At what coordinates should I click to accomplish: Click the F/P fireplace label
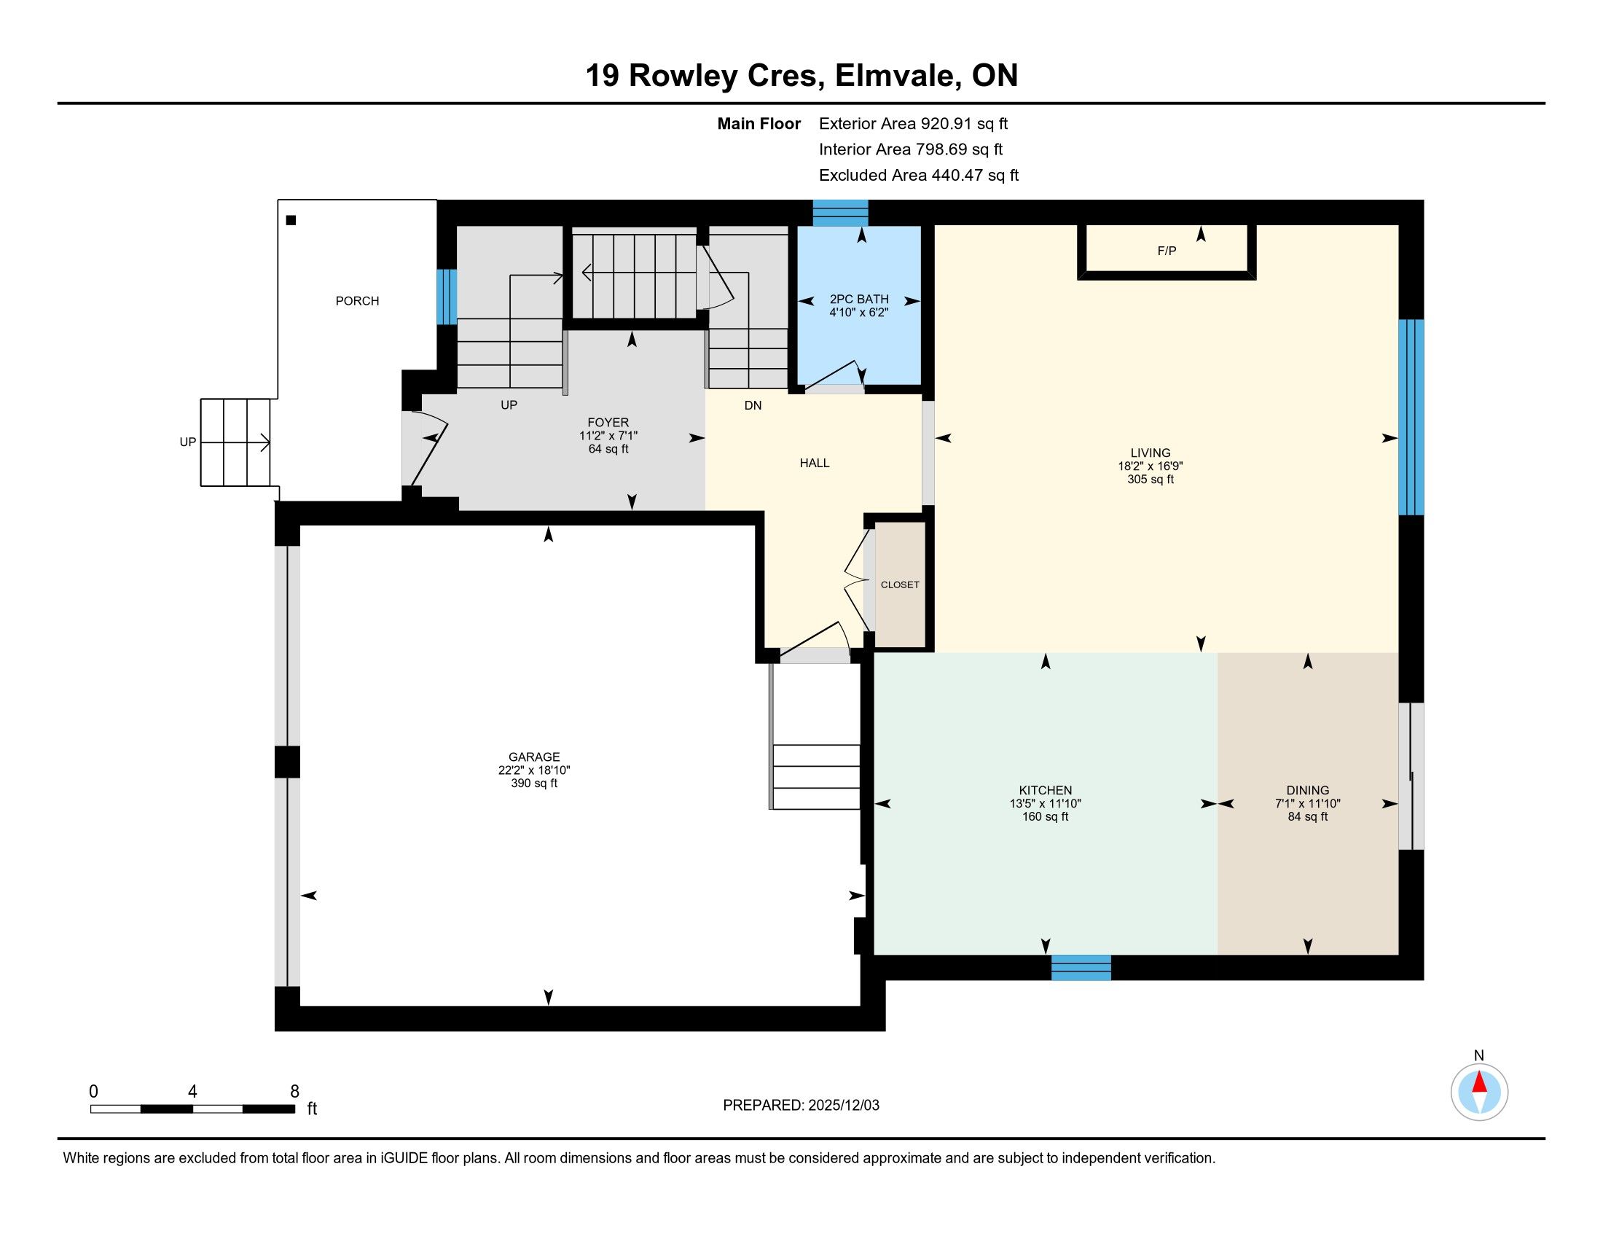(x=1167, y=251)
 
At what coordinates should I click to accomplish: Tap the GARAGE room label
(x=534, y=757)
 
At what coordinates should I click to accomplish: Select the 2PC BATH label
(x=859, y=300)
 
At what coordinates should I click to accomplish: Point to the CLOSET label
(x=900, y=585)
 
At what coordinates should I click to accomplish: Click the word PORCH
(x=358, y=301)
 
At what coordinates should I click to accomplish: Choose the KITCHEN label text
(x=1045, y=791)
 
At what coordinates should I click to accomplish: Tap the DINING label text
(x=1308, y=791)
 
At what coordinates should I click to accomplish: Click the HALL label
(x=815, y=462)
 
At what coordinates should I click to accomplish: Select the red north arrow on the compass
(x=1480, y=1082)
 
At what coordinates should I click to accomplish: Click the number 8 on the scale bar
(x=295, y=1091)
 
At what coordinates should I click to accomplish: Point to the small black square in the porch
(x=291, y=220)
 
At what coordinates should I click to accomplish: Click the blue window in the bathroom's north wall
(x=840, y=213)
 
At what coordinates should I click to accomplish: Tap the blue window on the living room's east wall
(x=1411, y=417)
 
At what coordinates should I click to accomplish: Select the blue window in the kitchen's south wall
(x=1081, y=967)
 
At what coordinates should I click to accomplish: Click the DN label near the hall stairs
(x=753, y=405)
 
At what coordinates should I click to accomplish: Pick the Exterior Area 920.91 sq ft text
(x=914, y=123)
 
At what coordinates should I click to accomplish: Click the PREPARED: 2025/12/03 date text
(x=801, y=1105)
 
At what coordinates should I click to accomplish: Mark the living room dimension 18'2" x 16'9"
(x=1150, y=466)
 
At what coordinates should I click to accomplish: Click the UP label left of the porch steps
(x=188, y=442)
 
